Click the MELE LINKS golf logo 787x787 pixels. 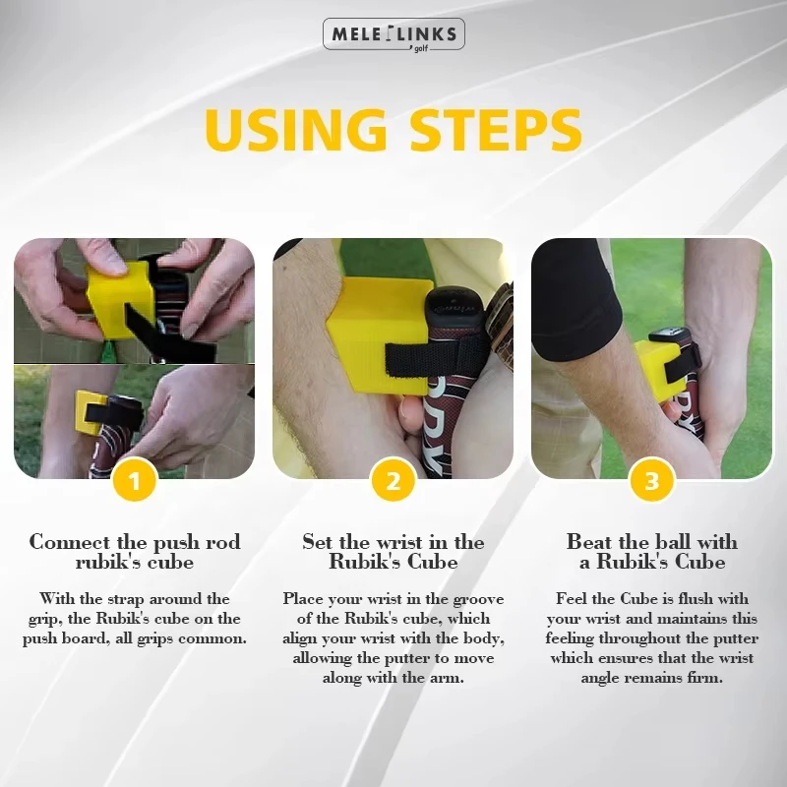(393, 34)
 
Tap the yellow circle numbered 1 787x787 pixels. (135, 482)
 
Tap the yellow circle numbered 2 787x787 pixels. (393, 482)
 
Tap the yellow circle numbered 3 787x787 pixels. (651, 482)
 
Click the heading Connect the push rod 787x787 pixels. (135, 542)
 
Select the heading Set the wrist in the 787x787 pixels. (393, 542)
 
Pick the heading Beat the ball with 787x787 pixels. (651, 542)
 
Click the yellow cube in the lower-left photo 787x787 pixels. (93, 413)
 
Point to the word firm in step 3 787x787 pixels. (704, 678)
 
